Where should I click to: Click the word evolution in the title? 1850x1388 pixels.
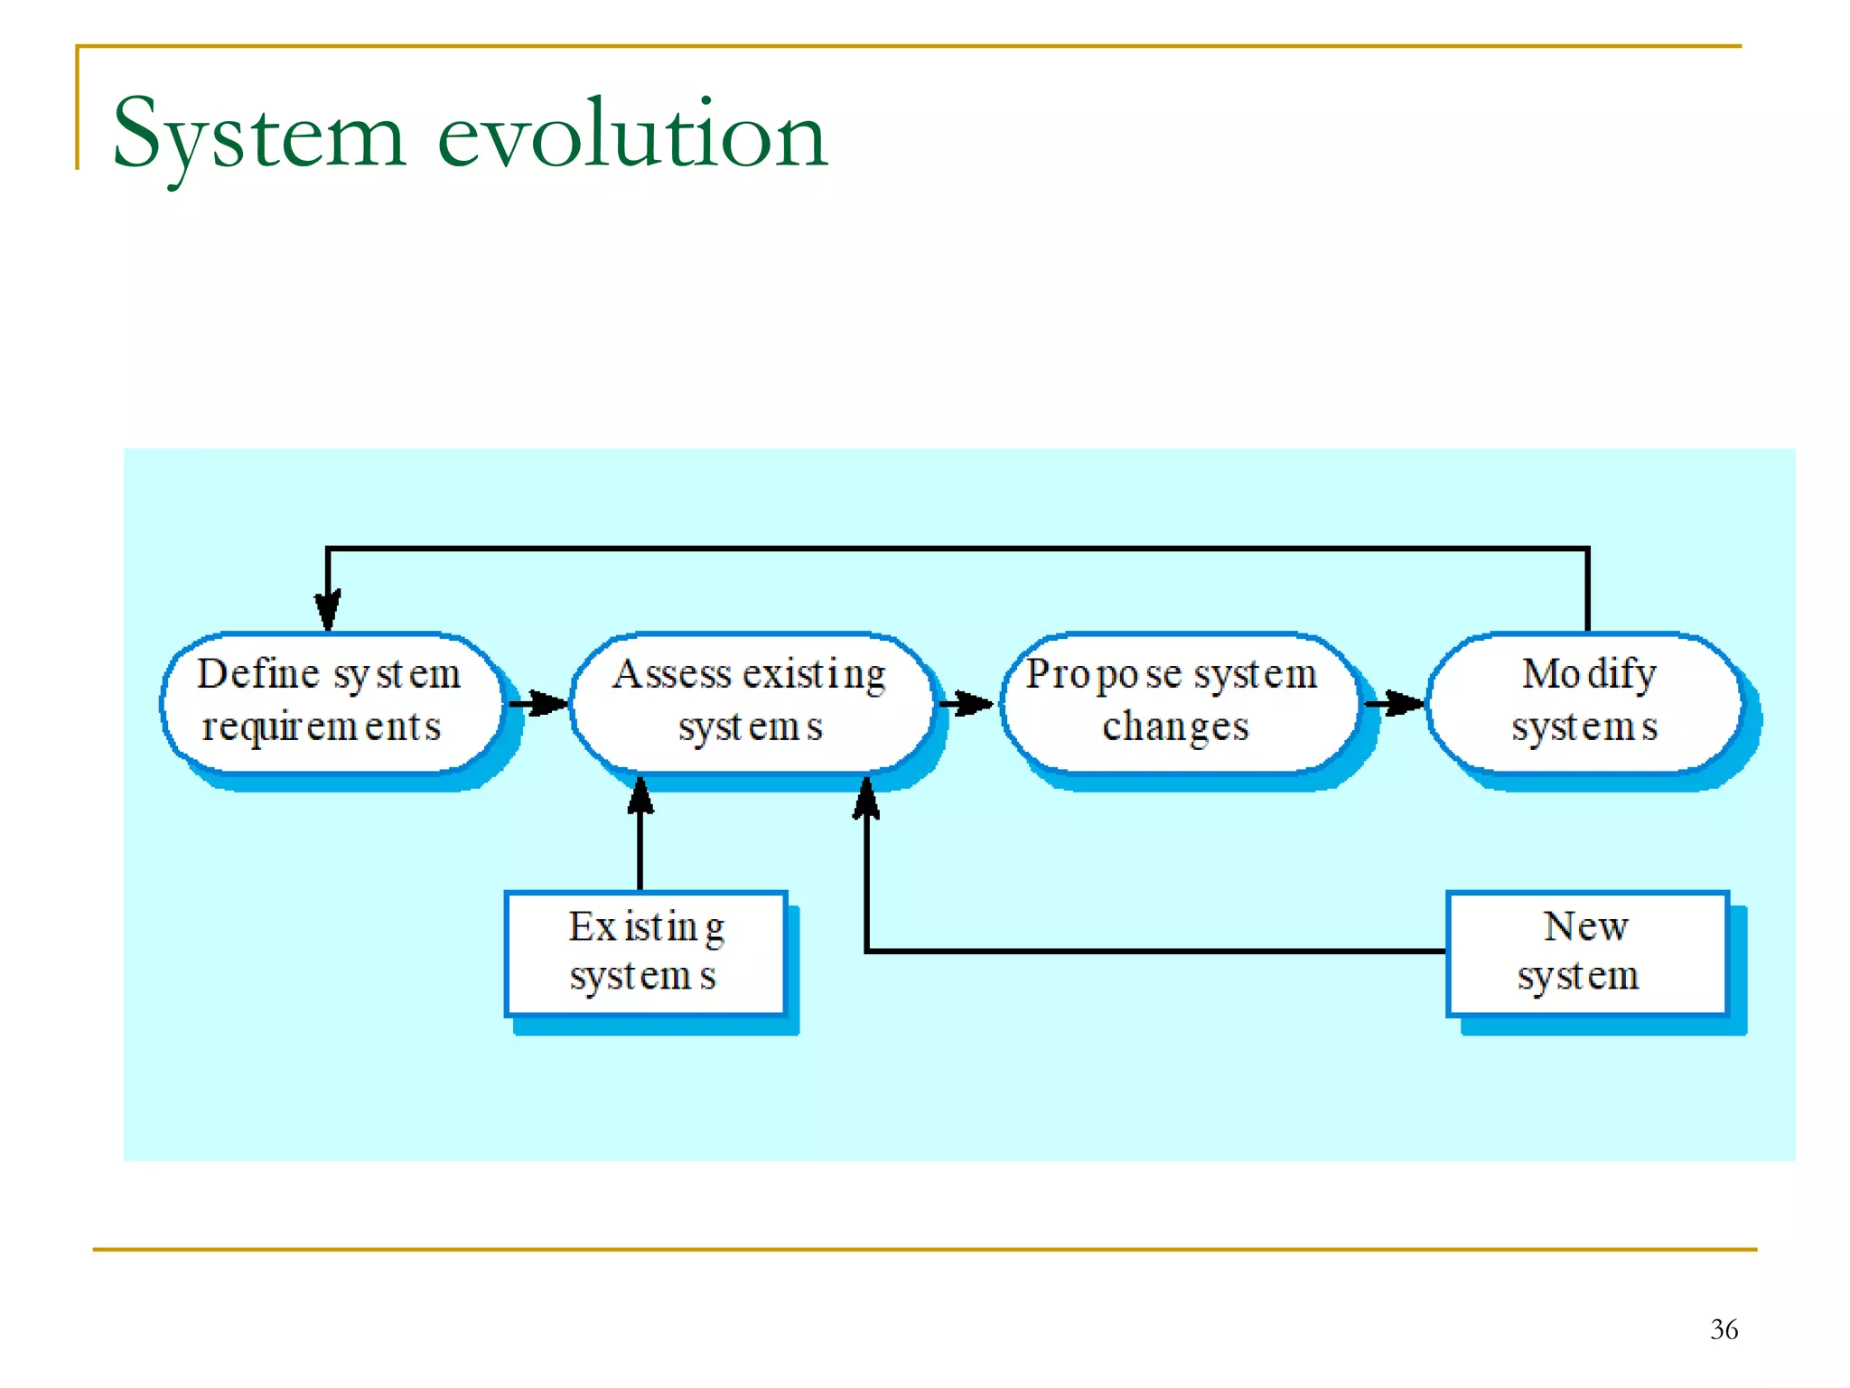pos(632,136)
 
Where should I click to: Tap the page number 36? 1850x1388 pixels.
pos(1724,1329)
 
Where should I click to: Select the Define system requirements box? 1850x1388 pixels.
pos(331,702)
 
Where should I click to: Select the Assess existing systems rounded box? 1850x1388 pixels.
pos(752,702)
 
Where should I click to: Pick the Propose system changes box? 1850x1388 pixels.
pos(1178,702)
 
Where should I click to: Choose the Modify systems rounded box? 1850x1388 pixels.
pos(1584,702)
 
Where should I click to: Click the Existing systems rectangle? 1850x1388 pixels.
pos(645,952)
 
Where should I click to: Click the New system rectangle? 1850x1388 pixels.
pos(1586,952)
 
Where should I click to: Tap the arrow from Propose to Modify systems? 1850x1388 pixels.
pos(1395,703)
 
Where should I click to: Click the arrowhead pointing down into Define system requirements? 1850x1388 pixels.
pos(328,611)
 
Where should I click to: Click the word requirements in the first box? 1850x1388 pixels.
pos(322,727)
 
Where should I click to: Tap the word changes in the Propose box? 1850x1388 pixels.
pos(1175,727)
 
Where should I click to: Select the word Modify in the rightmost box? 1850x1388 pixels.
pos(1589,674)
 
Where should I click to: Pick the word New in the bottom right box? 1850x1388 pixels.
pos(1586,926)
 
